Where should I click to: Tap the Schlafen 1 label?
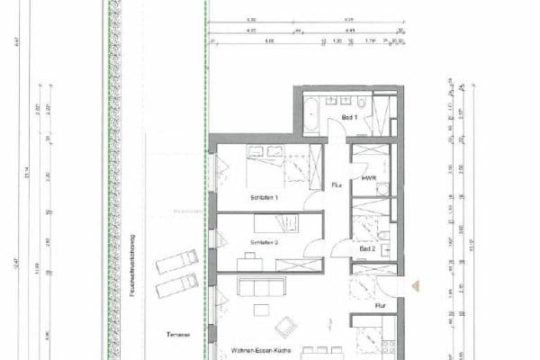(x=265, y=197)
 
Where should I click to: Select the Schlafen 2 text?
(x=265, y=243)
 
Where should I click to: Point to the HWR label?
(x=367, y=179)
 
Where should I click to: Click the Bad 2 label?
(x=367, y=249)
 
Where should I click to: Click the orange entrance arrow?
(x=415, y=285)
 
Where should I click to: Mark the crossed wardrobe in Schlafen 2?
(x=295, y=265)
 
